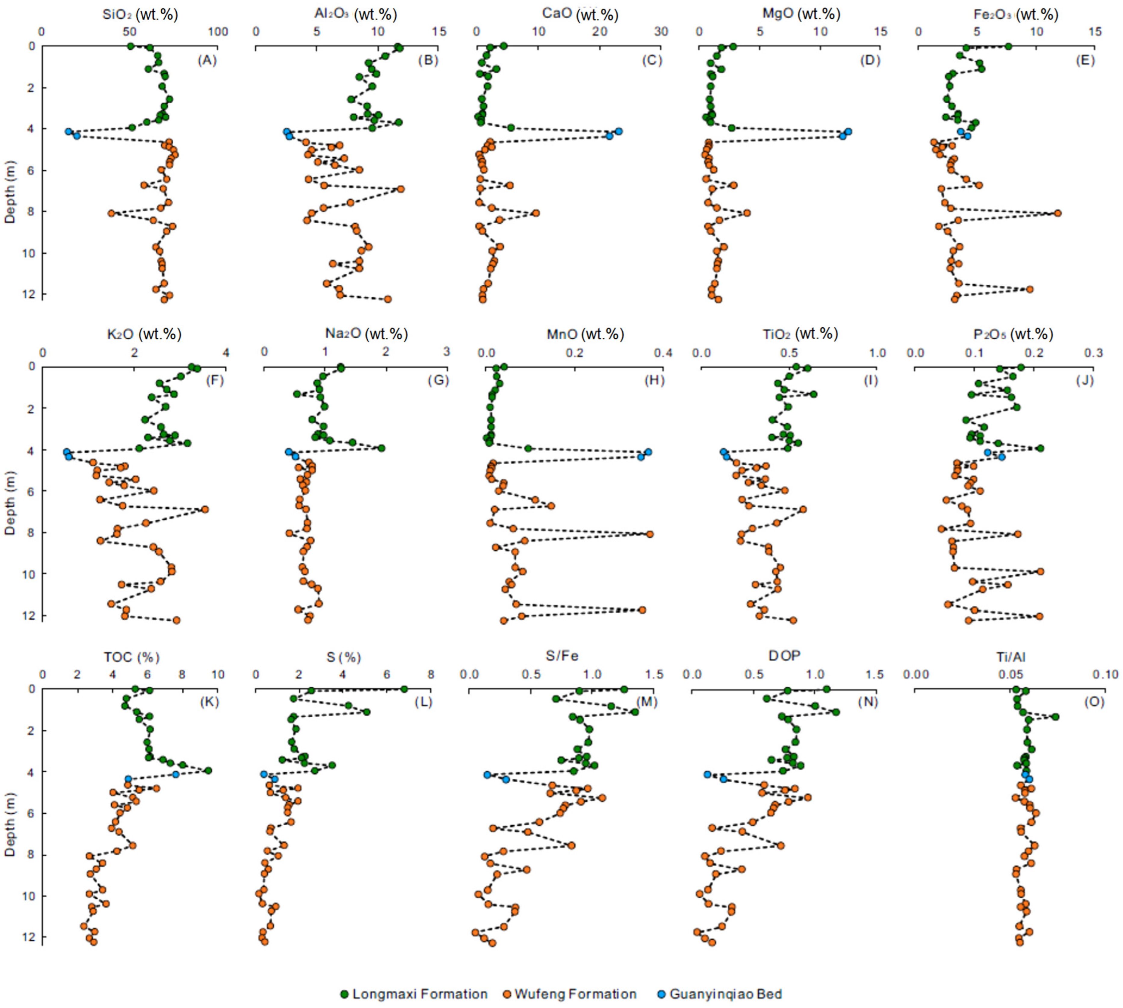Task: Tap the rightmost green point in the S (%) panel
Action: tap(404, 689)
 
